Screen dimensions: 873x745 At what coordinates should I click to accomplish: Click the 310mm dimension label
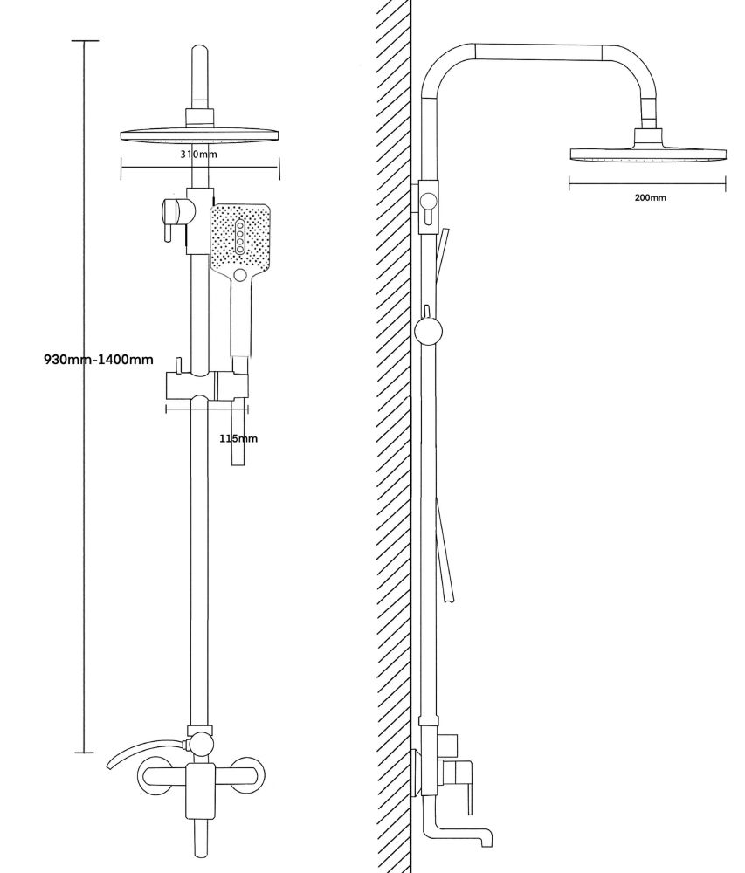point(199,155)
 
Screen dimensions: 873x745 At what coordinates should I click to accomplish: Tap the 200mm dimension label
point(650,198)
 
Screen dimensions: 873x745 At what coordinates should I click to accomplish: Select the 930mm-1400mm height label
point(99,359)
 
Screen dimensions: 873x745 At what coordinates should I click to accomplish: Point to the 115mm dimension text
point(238,438)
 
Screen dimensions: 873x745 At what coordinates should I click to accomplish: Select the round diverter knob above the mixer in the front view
point(201,744)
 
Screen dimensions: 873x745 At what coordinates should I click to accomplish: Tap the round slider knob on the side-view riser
point(429,332)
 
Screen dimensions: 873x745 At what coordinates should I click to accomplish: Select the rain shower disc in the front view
point(200,136)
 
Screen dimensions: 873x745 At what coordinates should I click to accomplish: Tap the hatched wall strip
point(393,436)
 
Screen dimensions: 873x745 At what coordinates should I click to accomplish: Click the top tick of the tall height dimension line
point(85,41)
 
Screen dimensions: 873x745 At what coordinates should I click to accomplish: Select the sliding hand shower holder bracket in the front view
point(207,387)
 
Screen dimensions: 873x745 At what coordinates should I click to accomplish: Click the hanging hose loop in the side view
point(446,550)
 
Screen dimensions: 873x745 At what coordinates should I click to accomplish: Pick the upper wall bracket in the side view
point(428,205)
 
